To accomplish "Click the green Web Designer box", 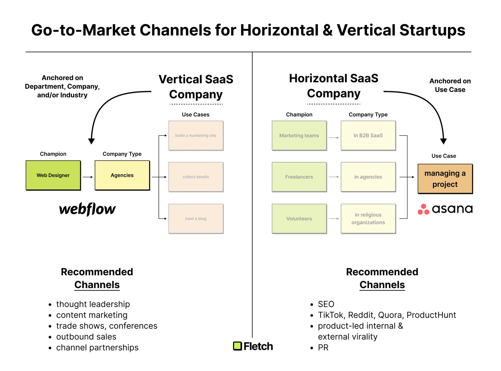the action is click(x=53, y=175).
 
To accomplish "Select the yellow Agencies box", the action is click(x=122, y=175).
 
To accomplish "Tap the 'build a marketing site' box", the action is click(x=196, y=136).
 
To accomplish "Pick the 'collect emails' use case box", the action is click(x=196, y=177).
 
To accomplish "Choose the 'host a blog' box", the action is click(x=196, y=219).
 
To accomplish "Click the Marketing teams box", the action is click(x=299, y=136).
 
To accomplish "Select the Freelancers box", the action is click(x=299, y=177).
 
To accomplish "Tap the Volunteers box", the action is click(x=299, y=219).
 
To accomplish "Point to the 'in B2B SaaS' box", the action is click(x=368, y=136).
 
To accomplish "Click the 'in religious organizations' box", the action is click(x=368, y=219).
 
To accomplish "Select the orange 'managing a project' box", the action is click(x=445, y=179).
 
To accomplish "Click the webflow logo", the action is click(x=87, y=209).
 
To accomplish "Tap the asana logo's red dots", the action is click(x=423, y=209).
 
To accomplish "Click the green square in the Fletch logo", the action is click(x=237, y=346).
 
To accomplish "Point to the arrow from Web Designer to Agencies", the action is click(x=88, y=177).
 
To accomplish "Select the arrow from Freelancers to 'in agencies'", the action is click(x=334, y=177).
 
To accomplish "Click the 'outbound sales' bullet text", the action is click(x=86, y=337).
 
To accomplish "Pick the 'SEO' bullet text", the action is click(x=326, y=304).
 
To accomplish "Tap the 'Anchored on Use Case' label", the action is click(x=450, y=85).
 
